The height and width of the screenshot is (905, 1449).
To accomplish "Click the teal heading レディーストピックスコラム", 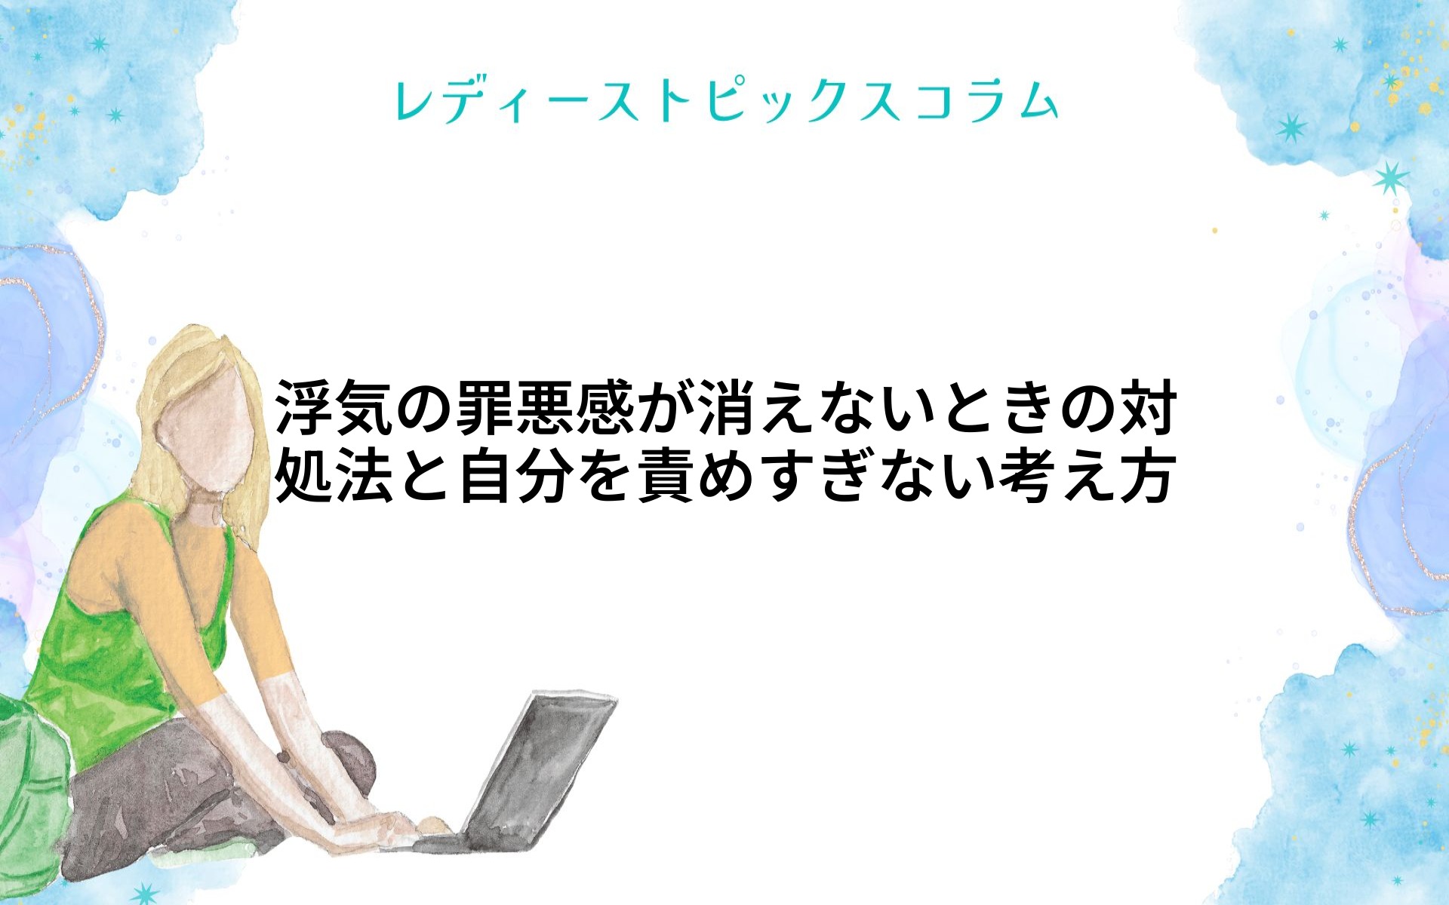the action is point(726,101).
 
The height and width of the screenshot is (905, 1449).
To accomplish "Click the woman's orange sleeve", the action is point(257,603).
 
